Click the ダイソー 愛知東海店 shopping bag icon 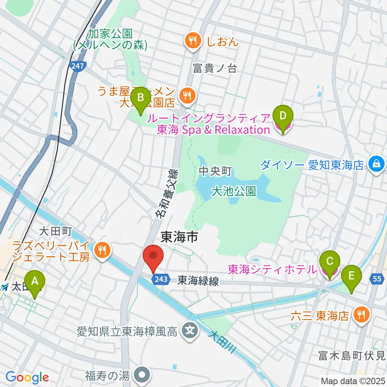click(x=376, y=164)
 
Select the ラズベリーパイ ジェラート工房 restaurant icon click(x=101, y=251)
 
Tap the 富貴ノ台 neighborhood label click(x=214, y=69)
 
